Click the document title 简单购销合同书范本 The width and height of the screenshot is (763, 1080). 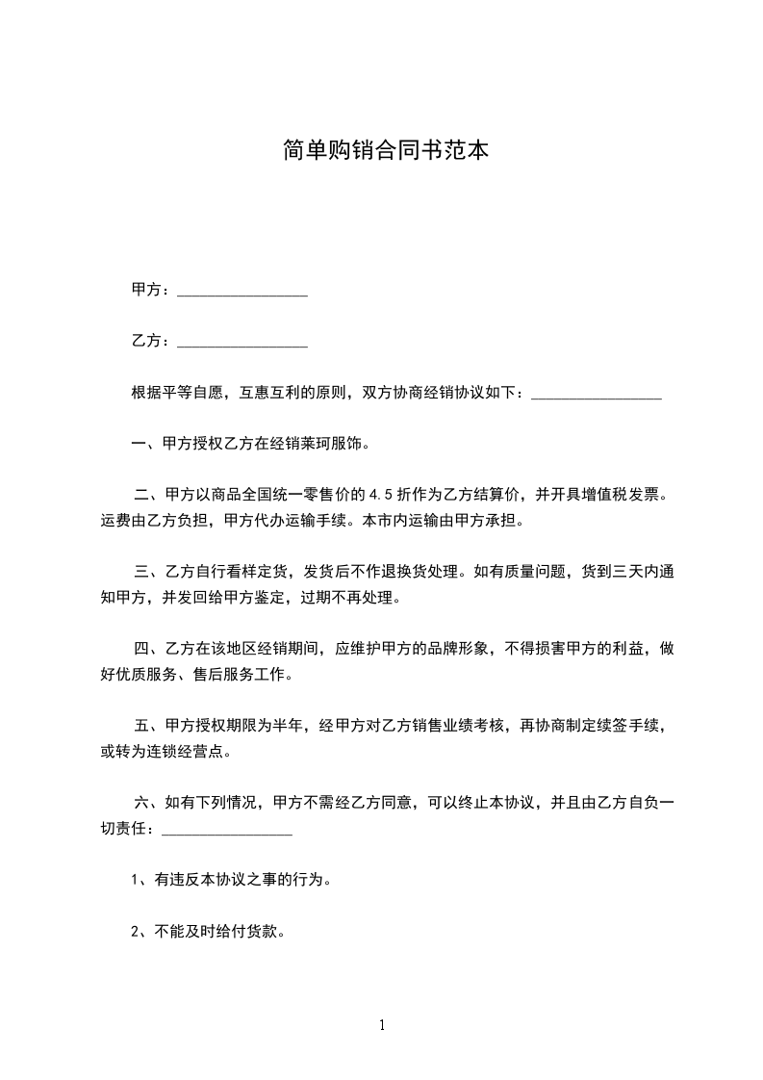click(381, 150)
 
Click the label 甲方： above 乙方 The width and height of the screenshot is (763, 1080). click(151, 290)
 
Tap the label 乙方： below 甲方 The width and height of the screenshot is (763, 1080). click(151, 341)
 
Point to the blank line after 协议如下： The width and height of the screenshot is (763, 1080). click(597, 395)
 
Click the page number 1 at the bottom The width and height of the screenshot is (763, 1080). click(382, 1025)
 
